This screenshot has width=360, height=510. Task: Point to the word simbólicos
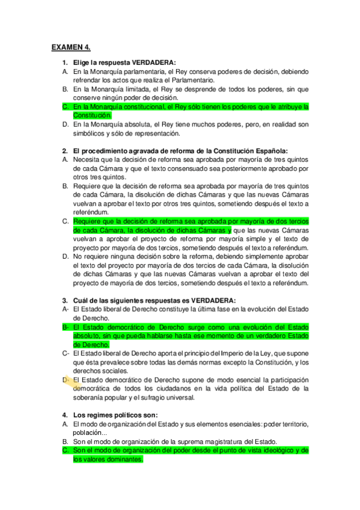[90, 132]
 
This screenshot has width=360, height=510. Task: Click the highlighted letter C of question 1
[65, 106]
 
